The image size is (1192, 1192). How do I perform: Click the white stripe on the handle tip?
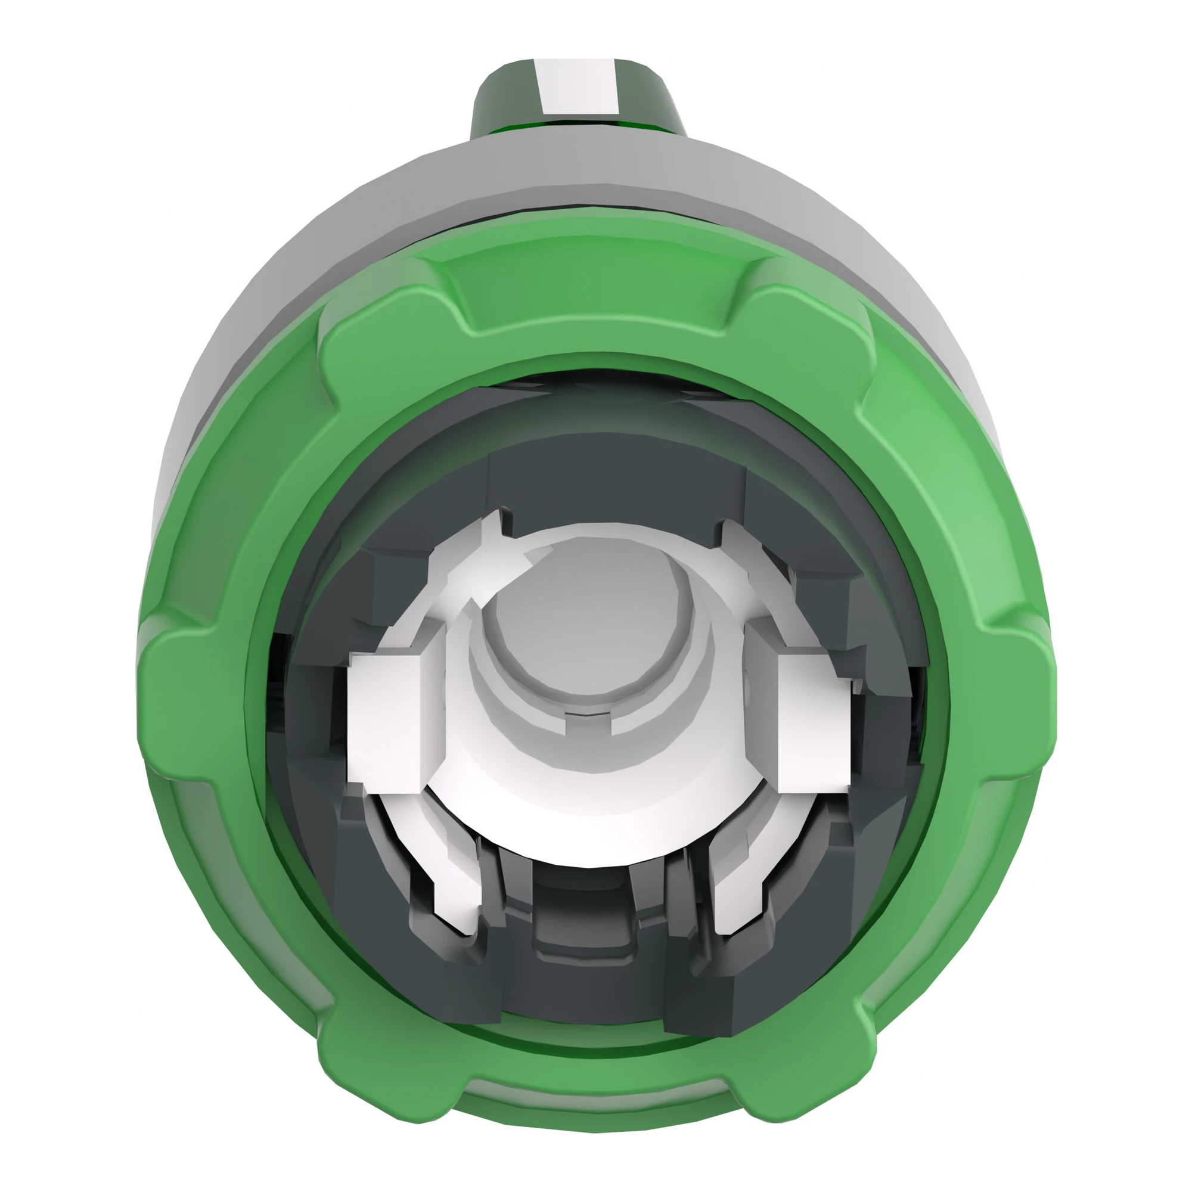pyautogui.click(x=578, y=86)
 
